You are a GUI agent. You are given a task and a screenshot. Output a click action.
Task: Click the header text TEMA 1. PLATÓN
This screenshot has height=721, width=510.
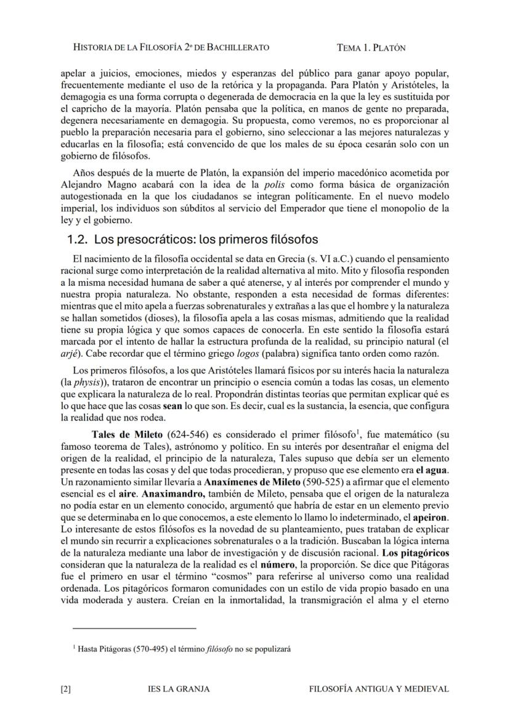tap(371, 47)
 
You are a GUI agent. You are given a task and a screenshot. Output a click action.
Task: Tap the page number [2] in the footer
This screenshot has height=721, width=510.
tap(66, 689)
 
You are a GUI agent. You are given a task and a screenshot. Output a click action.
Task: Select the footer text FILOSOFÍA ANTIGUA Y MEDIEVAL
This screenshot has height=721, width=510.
tap(378, 689)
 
